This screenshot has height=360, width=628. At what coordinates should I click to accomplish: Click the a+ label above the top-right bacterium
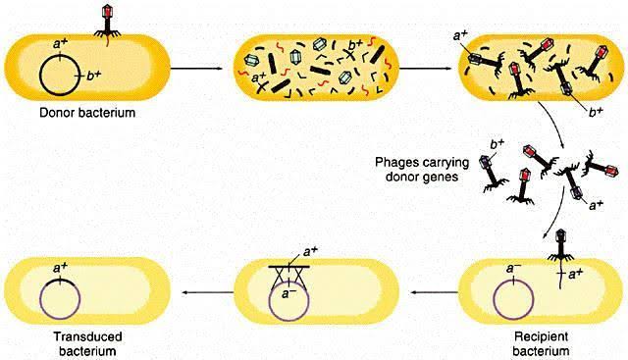click(x=460, y=36)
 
